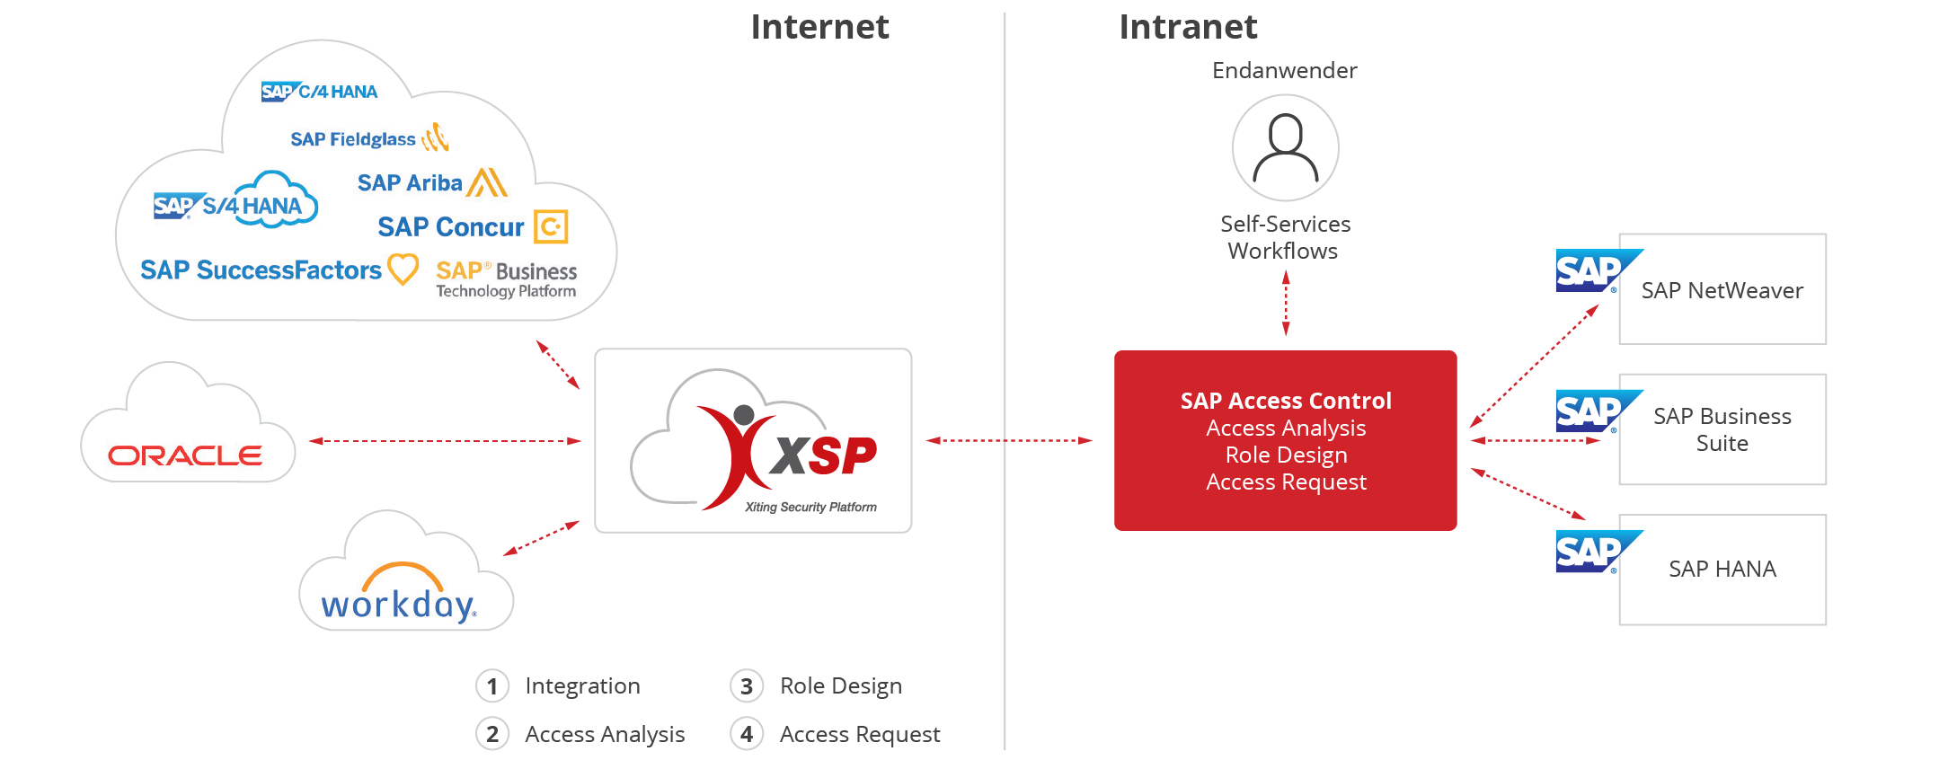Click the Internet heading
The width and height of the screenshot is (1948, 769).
tap(819, 27)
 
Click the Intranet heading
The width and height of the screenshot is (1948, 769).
tap(1188, 27)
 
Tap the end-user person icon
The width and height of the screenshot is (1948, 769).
tap(1286, 148)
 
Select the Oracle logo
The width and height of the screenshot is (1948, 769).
tap(185, 455)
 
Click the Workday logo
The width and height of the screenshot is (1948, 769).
tap(399, 594)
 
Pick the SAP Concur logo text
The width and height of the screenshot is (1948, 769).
tap(450, 227)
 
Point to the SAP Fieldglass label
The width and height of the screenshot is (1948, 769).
tap(353, 139)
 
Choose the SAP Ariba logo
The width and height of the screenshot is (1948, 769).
tap(432, 182)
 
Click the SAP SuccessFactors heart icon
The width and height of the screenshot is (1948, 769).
tap(403, 269)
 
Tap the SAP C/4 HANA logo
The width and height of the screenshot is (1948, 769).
tap(319, 92)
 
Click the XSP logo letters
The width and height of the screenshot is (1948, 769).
tap(824, 455)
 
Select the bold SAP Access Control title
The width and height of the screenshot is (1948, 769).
tap(1286, 401)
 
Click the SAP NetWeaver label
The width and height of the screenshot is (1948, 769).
tap(1722, 290)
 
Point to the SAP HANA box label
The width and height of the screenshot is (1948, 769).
tap(1722, 569)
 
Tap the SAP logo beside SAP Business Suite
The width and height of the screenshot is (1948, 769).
tap(1598, 411)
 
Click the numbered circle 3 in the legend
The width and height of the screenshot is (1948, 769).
tap(747, 686)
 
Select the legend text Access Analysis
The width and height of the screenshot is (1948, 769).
tap(605, 735)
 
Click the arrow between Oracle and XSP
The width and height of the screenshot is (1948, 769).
tap(445, 441)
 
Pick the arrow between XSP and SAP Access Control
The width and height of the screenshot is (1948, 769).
tap(1009, 440)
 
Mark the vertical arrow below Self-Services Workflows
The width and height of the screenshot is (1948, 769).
tap(1286, 304)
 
